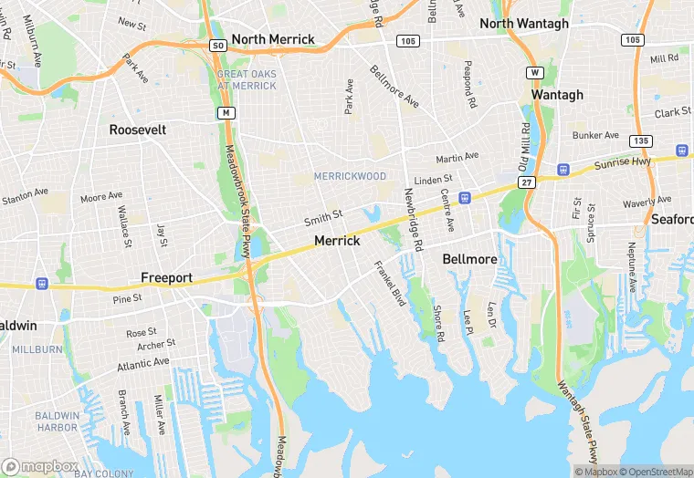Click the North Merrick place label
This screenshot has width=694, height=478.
click(273, 39)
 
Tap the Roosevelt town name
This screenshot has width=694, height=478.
click(138, 130)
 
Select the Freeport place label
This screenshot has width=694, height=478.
click(167, 277)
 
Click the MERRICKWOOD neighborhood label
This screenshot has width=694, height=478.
click(350, 176)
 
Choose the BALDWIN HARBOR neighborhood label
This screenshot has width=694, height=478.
click(57, 421)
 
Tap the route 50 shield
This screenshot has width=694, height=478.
click(216, 45)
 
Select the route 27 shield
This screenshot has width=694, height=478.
click(527, 182)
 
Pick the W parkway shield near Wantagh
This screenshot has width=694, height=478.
click(536, 72)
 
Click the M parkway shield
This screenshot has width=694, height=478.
click(224, 112)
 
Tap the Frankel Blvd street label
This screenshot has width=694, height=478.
click(389, 283)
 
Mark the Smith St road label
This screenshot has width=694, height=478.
click(323, 218)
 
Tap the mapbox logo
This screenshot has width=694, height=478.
click(40, 466)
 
